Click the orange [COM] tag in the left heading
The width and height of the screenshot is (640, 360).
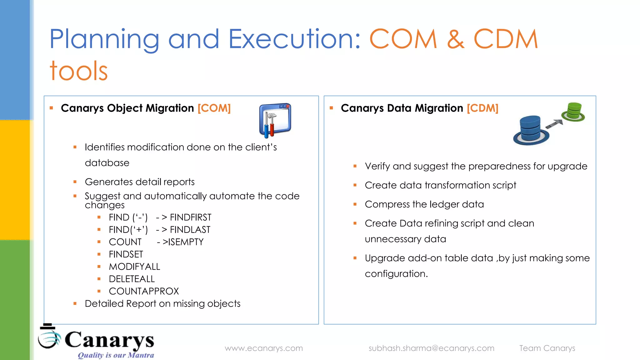pyautogui.click(x=214, y=108)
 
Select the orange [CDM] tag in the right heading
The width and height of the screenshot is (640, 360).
pyautogui.click(x=482, y=108)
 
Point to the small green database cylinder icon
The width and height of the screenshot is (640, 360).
pyautogui.click(x=573, y=112)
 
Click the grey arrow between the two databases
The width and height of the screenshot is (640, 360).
pyautogui.click(x=554, y=124)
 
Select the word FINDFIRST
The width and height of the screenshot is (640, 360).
pyautogui.click(x=191, y=217)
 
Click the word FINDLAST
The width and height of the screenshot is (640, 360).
pyautogui.click(x=190, y=230)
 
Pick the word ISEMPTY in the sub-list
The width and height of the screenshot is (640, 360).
pyautogui.click(x=186, y=242)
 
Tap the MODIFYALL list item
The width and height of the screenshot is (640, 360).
pyautogui.click(x=134, y=267)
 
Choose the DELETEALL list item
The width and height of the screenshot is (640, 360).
pyautogui.click(x=132, y=279)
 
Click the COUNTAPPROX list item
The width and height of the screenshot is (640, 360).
pyautogui.click(x=144, y=291)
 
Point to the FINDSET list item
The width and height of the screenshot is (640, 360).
pyautogui.click(x=126, y=254)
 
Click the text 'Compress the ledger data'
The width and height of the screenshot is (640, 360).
pyautogui.click(x=424, y=204)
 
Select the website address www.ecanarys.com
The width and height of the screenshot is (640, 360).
pyautogui.click(x=264, y=348)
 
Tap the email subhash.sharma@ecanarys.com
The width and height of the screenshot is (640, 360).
pyautogui.click(x=431, y=348)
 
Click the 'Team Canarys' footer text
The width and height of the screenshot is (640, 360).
pyautogui.click(x=547, y=348)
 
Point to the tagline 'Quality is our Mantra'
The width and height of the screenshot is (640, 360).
pyautogui.click(x=116, y=355)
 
